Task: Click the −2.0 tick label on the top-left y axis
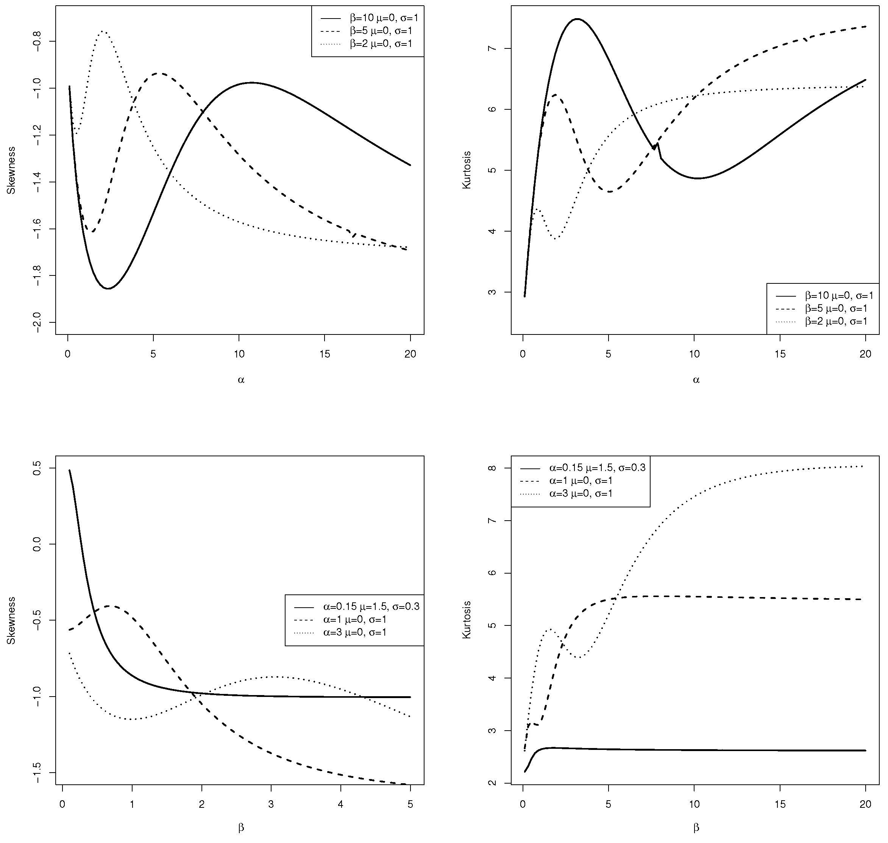point(37,322)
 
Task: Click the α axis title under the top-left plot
point(241,380)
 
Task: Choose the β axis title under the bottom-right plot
point(696,827)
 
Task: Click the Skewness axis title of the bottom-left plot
point(12,621)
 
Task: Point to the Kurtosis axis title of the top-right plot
point(467,170)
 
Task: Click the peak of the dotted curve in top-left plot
point(103,31)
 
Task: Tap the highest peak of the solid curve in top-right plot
point(577,19)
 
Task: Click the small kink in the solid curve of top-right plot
point(657,145)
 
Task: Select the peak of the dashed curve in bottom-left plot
point(110,606)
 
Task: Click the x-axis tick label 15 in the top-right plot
point(780,354)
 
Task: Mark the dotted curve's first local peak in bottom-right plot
point(549,628)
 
